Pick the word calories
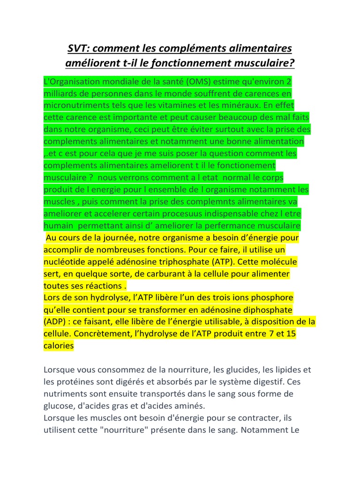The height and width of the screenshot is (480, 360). coord(59,346)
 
